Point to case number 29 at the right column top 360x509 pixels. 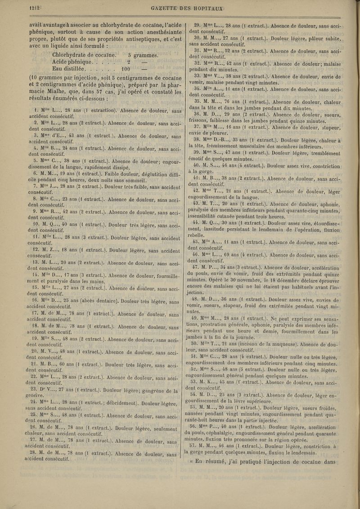tap(197, 25)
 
